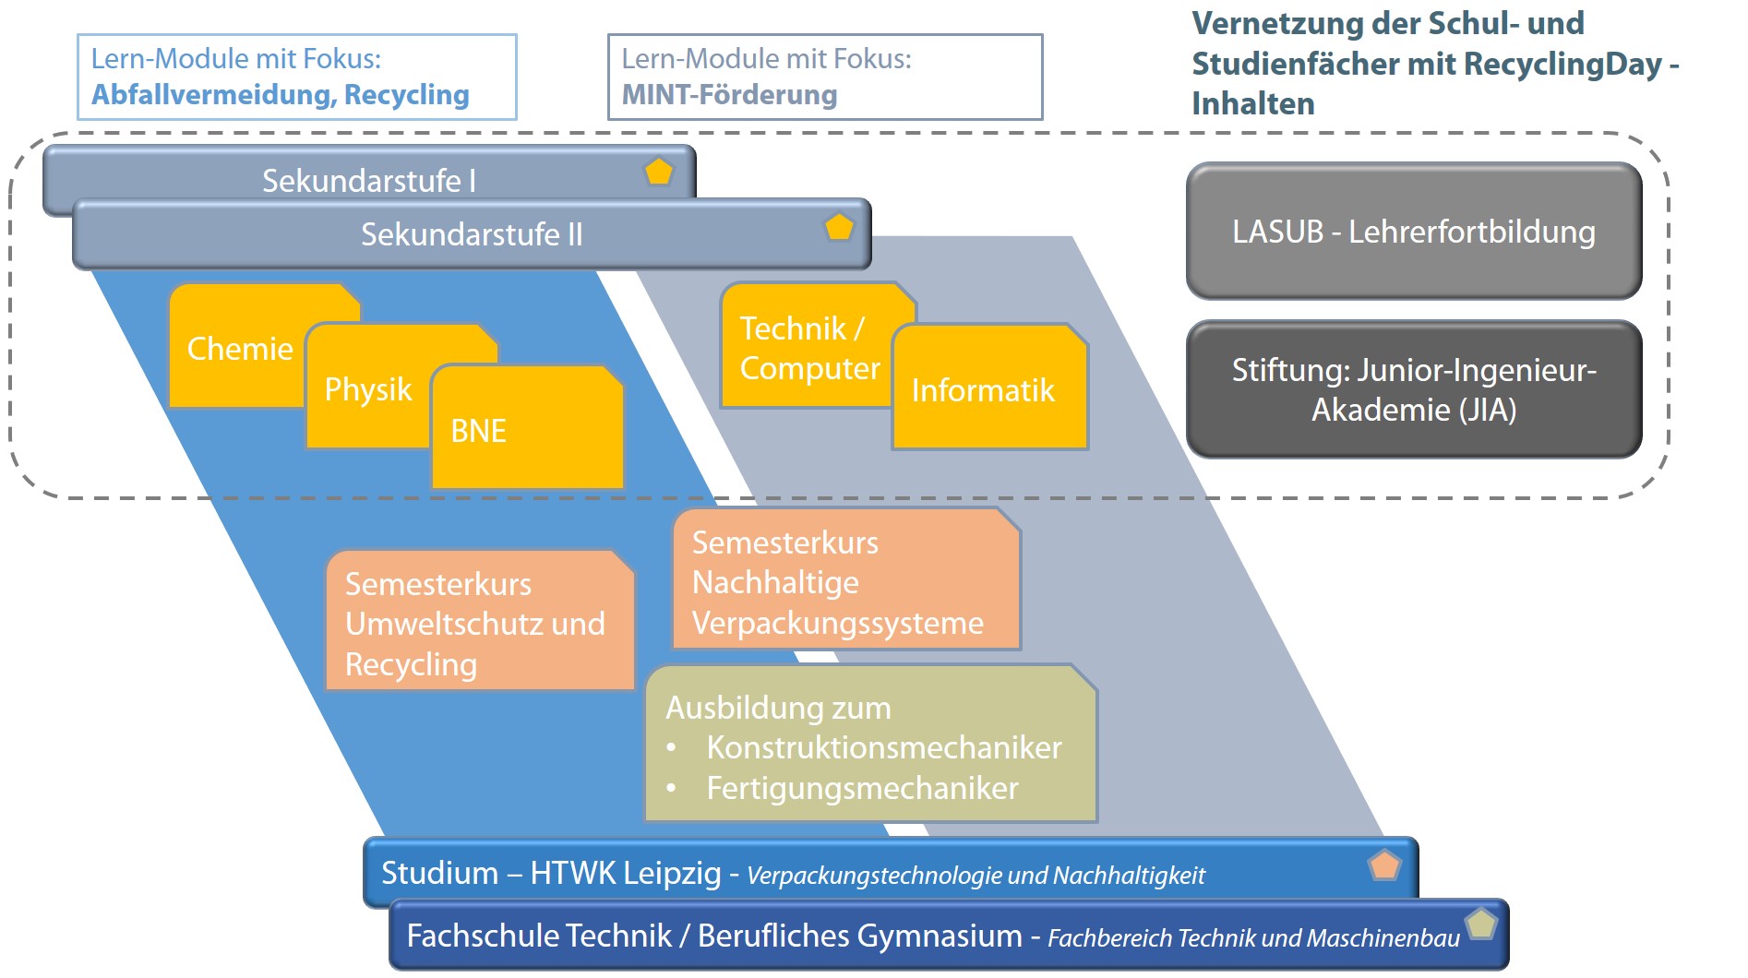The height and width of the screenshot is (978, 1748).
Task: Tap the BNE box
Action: click(526, 430)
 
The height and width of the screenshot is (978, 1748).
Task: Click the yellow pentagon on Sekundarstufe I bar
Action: click(659, 172)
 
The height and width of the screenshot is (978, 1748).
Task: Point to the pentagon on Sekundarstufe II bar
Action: click(839, 227)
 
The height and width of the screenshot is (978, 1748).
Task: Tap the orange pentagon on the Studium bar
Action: click(1384, 865)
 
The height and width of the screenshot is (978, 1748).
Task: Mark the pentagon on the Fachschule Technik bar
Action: click(1481, 924)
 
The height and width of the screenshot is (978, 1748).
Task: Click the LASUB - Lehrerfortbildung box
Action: click(1413, 232)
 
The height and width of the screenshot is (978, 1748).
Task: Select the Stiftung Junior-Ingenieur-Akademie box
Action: click(1413, 389)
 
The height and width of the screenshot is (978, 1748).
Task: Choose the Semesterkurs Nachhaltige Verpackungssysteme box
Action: click(844, 581)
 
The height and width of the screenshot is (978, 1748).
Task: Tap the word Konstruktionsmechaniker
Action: click(883, 747)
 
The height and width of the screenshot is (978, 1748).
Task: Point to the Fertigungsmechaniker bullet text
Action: click(862, 788)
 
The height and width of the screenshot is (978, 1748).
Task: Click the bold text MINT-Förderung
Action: click(729, 95)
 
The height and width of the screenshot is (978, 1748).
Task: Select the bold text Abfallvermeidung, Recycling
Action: click(280, 95)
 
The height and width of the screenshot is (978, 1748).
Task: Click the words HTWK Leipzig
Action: click(625, 873)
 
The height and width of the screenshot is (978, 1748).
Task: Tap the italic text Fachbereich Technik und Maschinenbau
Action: click(1252, 938)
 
